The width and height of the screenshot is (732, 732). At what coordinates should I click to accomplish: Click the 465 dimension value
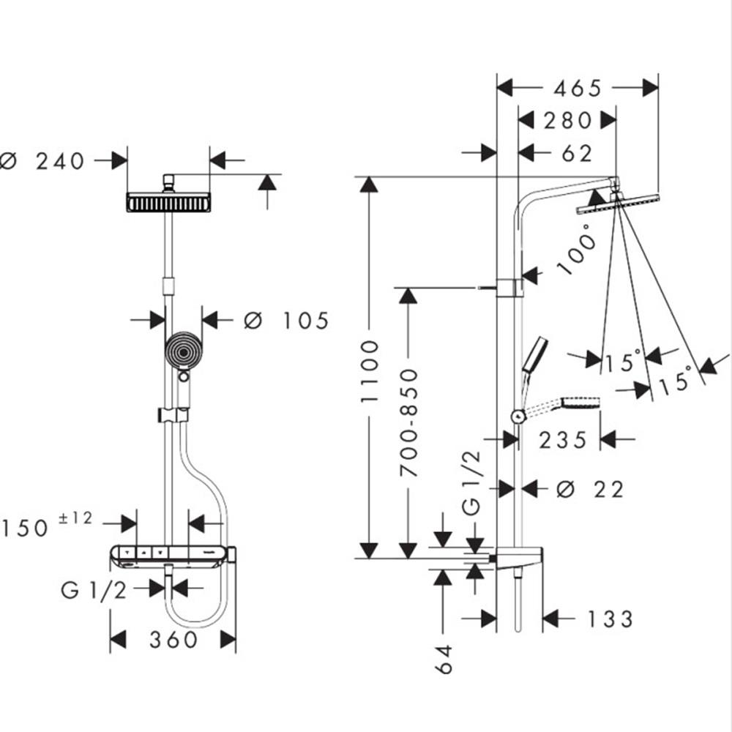(577, 89)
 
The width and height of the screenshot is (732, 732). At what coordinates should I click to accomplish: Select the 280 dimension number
(567, 120)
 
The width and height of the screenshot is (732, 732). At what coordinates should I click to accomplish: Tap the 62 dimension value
(577, 153)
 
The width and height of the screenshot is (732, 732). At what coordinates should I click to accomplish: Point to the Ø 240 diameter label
(44, 160)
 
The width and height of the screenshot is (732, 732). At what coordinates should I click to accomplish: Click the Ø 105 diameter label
(286, 320)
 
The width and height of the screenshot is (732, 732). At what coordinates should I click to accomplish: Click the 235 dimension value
(563, 440)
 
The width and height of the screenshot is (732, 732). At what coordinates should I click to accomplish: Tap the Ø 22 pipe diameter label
(590, 489)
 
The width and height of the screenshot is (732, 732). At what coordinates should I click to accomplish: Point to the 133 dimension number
(609, 619)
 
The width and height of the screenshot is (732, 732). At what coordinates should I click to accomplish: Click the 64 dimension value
(444, 660)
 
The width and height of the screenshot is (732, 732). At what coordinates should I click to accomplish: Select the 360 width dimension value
(173, 640)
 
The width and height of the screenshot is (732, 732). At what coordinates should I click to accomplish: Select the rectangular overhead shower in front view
(168, 203)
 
